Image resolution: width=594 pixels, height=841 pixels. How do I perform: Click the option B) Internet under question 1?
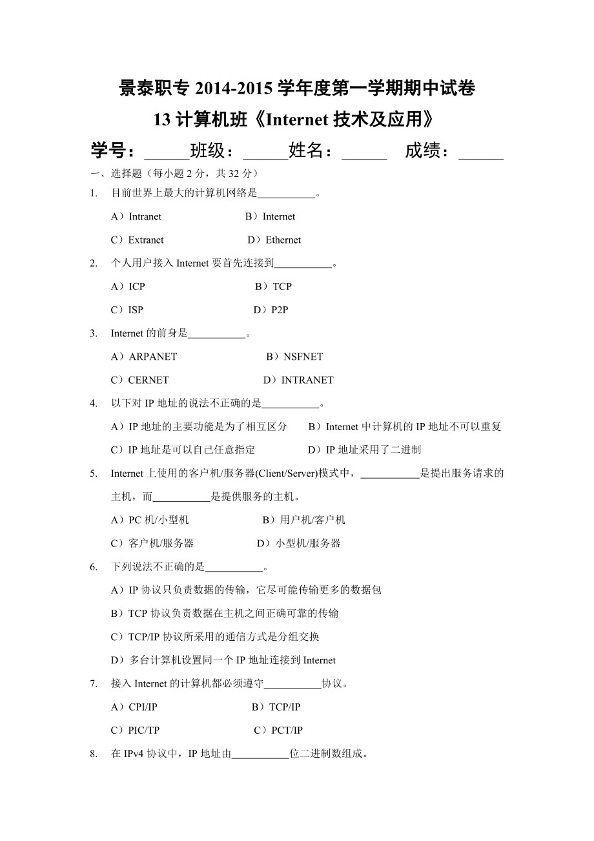[270, 216]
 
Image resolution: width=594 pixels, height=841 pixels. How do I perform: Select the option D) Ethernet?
[274, 240]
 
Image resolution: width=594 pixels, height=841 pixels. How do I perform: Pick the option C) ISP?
[127, 309]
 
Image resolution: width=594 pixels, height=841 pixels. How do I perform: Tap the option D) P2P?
[271, 309]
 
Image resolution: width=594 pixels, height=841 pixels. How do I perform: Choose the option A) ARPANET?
[144, 357]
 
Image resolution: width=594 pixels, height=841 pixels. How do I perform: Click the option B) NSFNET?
[294, 357]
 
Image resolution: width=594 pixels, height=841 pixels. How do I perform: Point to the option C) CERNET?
[140, 380]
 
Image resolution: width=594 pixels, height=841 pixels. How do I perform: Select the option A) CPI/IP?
[134, 707]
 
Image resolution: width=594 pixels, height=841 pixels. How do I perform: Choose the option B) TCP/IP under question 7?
[276, 707]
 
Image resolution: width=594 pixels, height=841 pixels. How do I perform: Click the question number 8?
[94, 753]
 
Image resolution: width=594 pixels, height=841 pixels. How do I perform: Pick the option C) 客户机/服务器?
[152, 543]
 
